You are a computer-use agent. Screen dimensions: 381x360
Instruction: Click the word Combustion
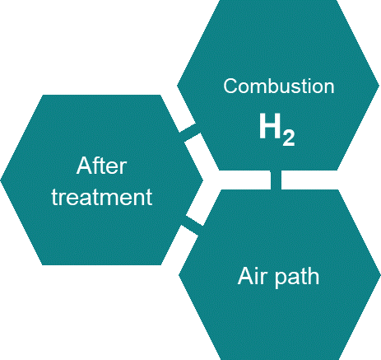[279, 86]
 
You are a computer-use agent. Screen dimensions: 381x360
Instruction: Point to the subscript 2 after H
[289, 138]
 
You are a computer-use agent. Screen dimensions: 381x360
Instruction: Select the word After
[101, 166]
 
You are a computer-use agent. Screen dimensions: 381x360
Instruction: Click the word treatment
[102, 197]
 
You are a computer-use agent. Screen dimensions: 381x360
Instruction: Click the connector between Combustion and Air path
[276, 180]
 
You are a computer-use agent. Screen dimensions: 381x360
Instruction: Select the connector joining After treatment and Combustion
[190, 133]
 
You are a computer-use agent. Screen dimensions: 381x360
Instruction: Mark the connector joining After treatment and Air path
[193, 226]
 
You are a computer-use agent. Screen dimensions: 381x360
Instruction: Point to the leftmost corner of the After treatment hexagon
[1, 180]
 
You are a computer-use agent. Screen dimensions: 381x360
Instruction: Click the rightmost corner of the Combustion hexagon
[379, 86]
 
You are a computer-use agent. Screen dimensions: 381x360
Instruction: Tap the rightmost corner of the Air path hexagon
[380, 274]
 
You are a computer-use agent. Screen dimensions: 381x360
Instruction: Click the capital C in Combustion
[230, 86]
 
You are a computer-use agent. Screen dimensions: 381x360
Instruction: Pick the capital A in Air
[244, 276]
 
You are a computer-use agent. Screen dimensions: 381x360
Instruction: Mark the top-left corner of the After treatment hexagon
[43, 95]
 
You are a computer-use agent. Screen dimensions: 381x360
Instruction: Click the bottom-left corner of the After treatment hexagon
[43, 264]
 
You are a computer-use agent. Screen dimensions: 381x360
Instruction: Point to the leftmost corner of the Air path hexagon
[179, 274]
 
